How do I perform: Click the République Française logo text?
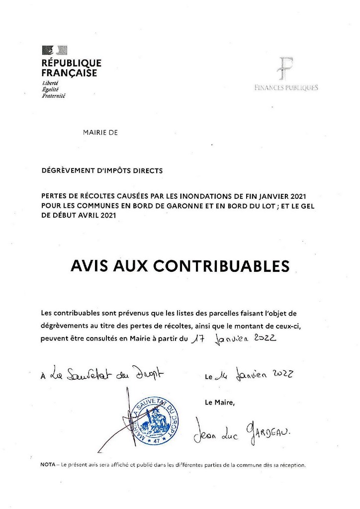click(72, 68)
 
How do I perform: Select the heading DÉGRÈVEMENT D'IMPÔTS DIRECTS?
click(102, 170)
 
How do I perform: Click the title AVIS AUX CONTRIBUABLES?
click(180, 266)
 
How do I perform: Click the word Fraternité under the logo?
click(54, 95)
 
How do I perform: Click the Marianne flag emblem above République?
click(54, 49)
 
